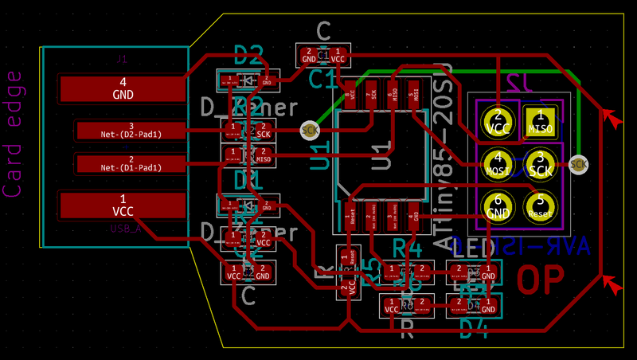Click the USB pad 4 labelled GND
123,88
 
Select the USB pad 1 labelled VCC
123,205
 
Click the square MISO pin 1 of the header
540,122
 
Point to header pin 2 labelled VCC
498,122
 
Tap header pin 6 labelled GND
498,206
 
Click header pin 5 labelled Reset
540,206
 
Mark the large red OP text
541,280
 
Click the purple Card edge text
14,133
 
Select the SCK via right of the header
579,165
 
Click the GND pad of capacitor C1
309,55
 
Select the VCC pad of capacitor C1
338,55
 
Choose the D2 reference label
248,55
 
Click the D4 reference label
473,326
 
